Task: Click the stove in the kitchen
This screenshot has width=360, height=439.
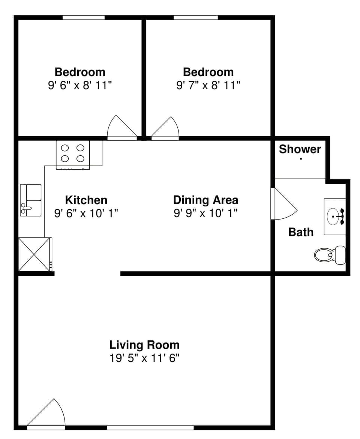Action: point(73,154)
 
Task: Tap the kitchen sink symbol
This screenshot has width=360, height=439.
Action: point(30,200)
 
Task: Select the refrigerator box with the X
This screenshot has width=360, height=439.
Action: point(34,254)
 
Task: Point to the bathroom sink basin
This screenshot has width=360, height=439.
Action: point(334,216)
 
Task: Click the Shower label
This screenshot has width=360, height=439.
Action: point(300,149)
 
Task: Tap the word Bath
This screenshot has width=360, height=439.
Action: point(300,232)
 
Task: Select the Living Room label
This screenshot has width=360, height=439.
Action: point(144,344)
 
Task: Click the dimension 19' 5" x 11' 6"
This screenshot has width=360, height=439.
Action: point(144,358)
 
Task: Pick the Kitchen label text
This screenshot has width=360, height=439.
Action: point(86,200)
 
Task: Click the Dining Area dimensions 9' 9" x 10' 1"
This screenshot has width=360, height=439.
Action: point(205,213)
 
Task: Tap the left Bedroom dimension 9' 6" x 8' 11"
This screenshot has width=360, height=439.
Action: point(80,85)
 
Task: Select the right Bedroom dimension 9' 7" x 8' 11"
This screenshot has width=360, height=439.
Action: point(208,85)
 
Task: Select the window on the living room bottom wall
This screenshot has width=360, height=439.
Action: point(150,427)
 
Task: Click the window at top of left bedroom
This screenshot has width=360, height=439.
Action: point(83,17)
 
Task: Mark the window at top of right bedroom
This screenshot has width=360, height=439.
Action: point(195,17)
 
